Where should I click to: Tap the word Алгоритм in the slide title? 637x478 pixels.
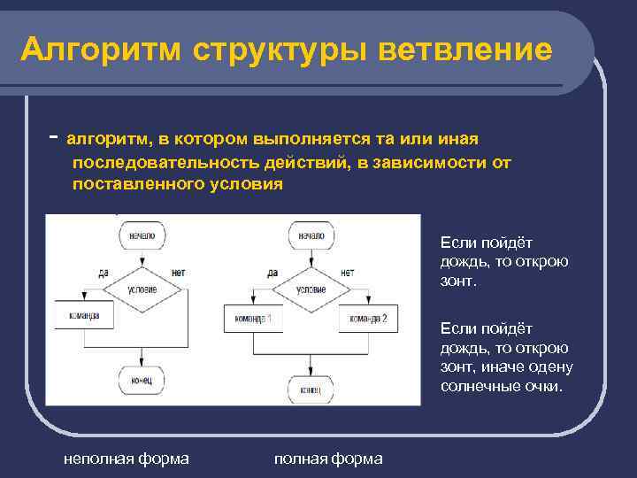click(97, 50)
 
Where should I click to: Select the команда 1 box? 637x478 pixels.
click(253, 319)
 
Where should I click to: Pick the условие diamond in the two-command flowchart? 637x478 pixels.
click(311, 289)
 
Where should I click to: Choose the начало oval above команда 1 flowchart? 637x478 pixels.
click(311, 236)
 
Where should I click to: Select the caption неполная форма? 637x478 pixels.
click(126, 458)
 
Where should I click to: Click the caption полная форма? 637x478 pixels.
click(328, 458)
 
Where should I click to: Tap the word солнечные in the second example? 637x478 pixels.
click(476, 386)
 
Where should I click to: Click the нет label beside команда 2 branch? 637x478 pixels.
click(347, 272)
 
